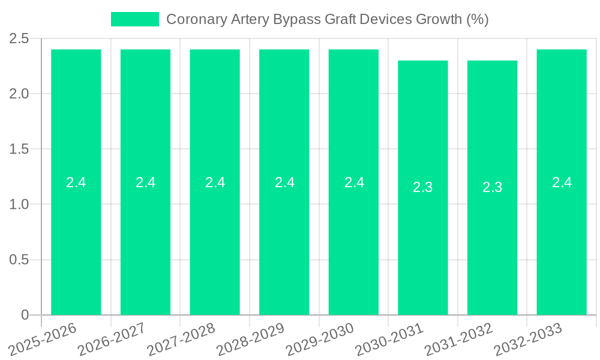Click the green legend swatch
135,19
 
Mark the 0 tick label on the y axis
25,315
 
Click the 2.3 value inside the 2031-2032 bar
493,187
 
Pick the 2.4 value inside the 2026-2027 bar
146,182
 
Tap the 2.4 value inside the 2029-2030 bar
354,182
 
